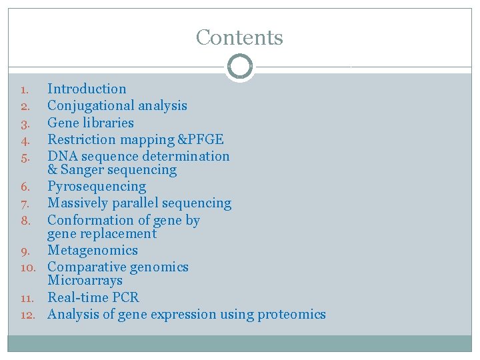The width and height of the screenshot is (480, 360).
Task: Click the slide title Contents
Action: coord(239,37)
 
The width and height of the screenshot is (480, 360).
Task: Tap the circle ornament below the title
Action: coord(239,67)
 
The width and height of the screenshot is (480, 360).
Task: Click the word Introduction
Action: coord(87,89)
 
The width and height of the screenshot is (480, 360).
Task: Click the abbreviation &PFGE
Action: coord(200,139)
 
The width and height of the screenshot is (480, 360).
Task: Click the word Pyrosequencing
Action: coord(97,187)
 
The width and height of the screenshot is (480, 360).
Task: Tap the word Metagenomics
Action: coord(93,251)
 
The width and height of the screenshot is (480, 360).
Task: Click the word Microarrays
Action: coord(85,281)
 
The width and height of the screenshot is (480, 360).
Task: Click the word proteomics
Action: coord(291,314)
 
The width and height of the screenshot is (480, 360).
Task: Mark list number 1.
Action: coord(24,89)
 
